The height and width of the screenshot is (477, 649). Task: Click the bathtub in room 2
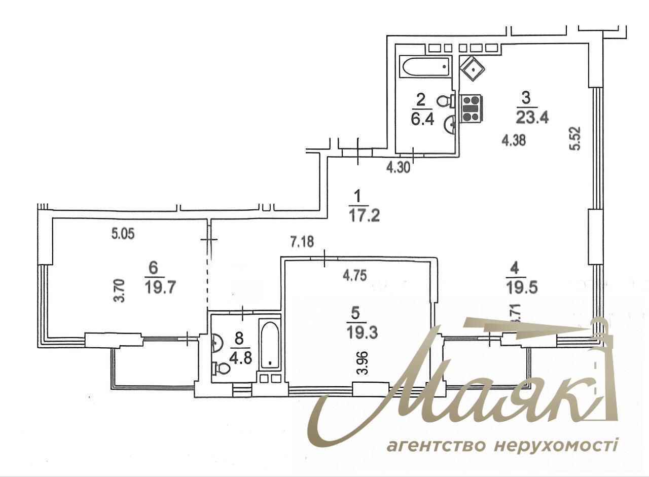[x=425, y=66]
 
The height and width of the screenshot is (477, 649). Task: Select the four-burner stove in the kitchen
[x=471, y=108]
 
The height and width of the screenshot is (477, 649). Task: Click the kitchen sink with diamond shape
[x=472, y=67]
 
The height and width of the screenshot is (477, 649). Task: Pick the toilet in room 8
[x=222, y=369]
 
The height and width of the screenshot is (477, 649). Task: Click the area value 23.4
[x=532, y=118]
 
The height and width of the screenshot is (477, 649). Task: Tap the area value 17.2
[x=364, y=216]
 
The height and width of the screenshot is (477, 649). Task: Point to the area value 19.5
[x=521, y=288]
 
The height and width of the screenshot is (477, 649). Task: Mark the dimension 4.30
[x=398, y=167]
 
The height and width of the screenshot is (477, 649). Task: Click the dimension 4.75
[x=355, y=275]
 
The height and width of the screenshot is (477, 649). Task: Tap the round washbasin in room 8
[x=217, y=343]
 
